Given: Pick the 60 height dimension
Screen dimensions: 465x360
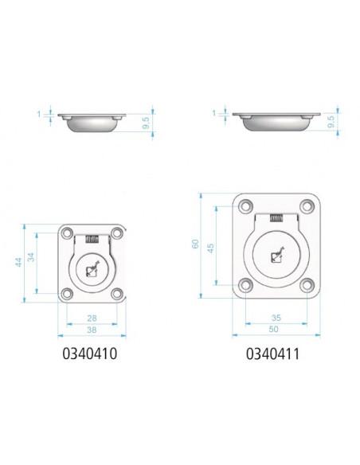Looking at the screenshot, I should (195, 245).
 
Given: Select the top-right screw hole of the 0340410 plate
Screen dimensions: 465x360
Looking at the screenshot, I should (117, 233).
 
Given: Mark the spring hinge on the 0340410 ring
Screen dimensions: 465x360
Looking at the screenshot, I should (93, 238).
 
